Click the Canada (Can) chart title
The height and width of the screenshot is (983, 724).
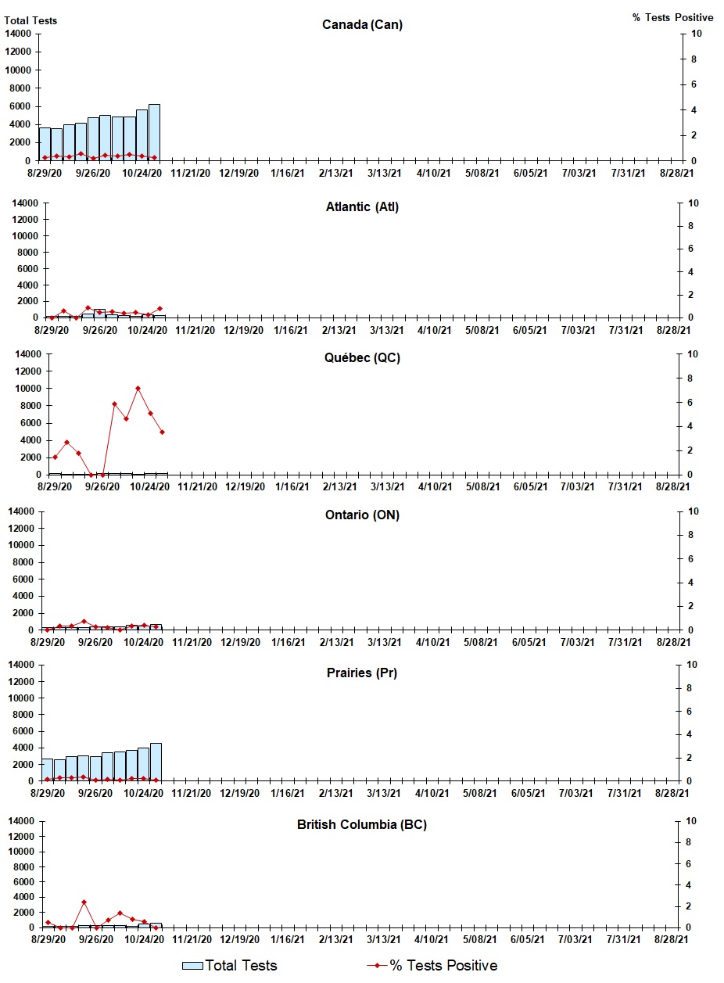click(362, 25)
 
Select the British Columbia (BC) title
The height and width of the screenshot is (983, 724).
click(362, 825)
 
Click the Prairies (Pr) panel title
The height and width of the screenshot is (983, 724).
click(362, 673)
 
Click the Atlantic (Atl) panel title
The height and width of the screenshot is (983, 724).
click(362, 207)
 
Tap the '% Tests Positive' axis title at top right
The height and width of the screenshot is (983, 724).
click(672, 18)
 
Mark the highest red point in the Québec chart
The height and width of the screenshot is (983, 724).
click(138, 388)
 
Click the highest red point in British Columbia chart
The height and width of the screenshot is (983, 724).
click(84, 902)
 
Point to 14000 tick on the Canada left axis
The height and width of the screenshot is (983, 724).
click(18, 34)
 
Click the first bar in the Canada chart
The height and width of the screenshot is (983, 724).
click(45, 144)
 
